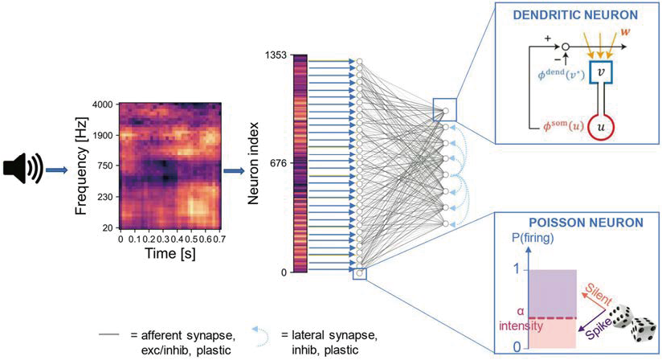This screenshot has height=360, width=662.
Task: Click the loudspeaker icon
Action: tap(23, 170)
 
